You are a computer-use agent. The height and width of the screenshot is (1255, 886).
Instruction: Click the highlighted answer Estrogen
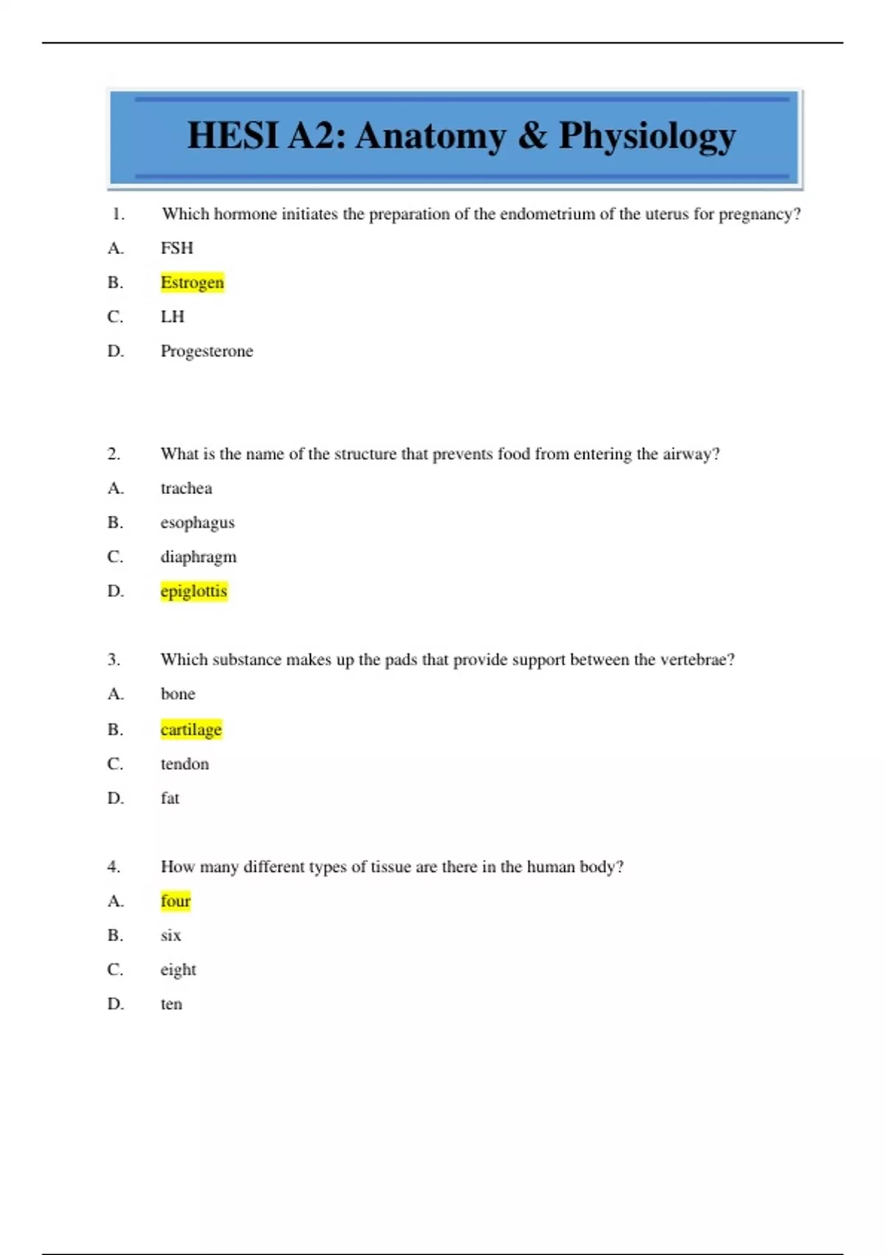[x=192, y=283]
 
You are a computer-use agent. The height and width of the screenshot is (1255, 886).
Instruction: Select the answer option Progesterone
[x=207, y=351]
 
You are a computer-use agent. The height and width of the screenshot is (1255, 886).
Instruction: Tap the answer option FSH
[x=177, y=248]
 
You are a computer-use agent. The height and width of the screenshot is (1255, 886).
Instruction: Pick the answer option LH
[x=173, y=317]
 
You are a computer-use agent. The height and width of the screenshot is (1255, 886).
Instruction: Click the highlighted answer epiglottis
[x=193, y=591]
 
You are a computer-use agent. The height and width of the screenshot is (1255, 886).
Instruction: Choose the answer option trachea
[x=186, y=489]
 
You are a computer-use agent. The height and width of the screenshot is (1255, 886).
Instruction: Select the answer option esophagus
[x=197, y=523]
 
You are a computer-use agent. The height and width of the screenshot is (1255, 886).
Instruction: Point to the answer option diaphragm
[x=199, y=557]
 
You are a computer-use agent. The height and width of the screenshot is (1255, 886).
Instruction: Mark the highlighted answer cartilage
[x=191, y=730]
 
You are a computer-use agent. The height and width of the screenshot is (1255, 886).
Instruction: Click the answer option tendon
[x=185, y=764]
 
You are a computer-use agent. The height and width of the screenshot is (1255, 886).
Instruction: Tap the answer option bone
[x=178, y=694]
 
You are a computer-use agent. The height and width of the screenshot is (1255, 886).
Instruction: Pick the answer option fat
[x=170, y=798]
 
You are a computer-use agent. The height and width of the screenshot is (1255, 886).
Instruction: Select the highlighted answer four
[x=176, y=901]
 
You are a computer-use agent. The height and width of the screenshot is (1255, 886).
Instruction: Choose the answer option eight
[x=178, y=970]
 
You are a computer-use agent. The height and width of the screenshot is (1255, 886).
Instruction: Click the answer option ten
[x=171, y=1004]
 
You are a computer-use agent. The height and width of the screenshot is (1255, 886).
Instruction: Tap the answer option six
[x=171, y=935]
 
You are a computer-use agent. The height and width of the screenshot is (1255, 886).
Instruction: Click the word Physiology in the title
[x=647, y=137]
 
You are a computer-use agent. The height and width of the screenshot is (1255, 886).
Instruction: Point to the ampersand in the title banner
[x=532, y=136]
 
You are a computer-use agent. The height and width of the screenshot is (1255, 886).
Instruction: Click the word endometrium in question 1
[x=547, y=214]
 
